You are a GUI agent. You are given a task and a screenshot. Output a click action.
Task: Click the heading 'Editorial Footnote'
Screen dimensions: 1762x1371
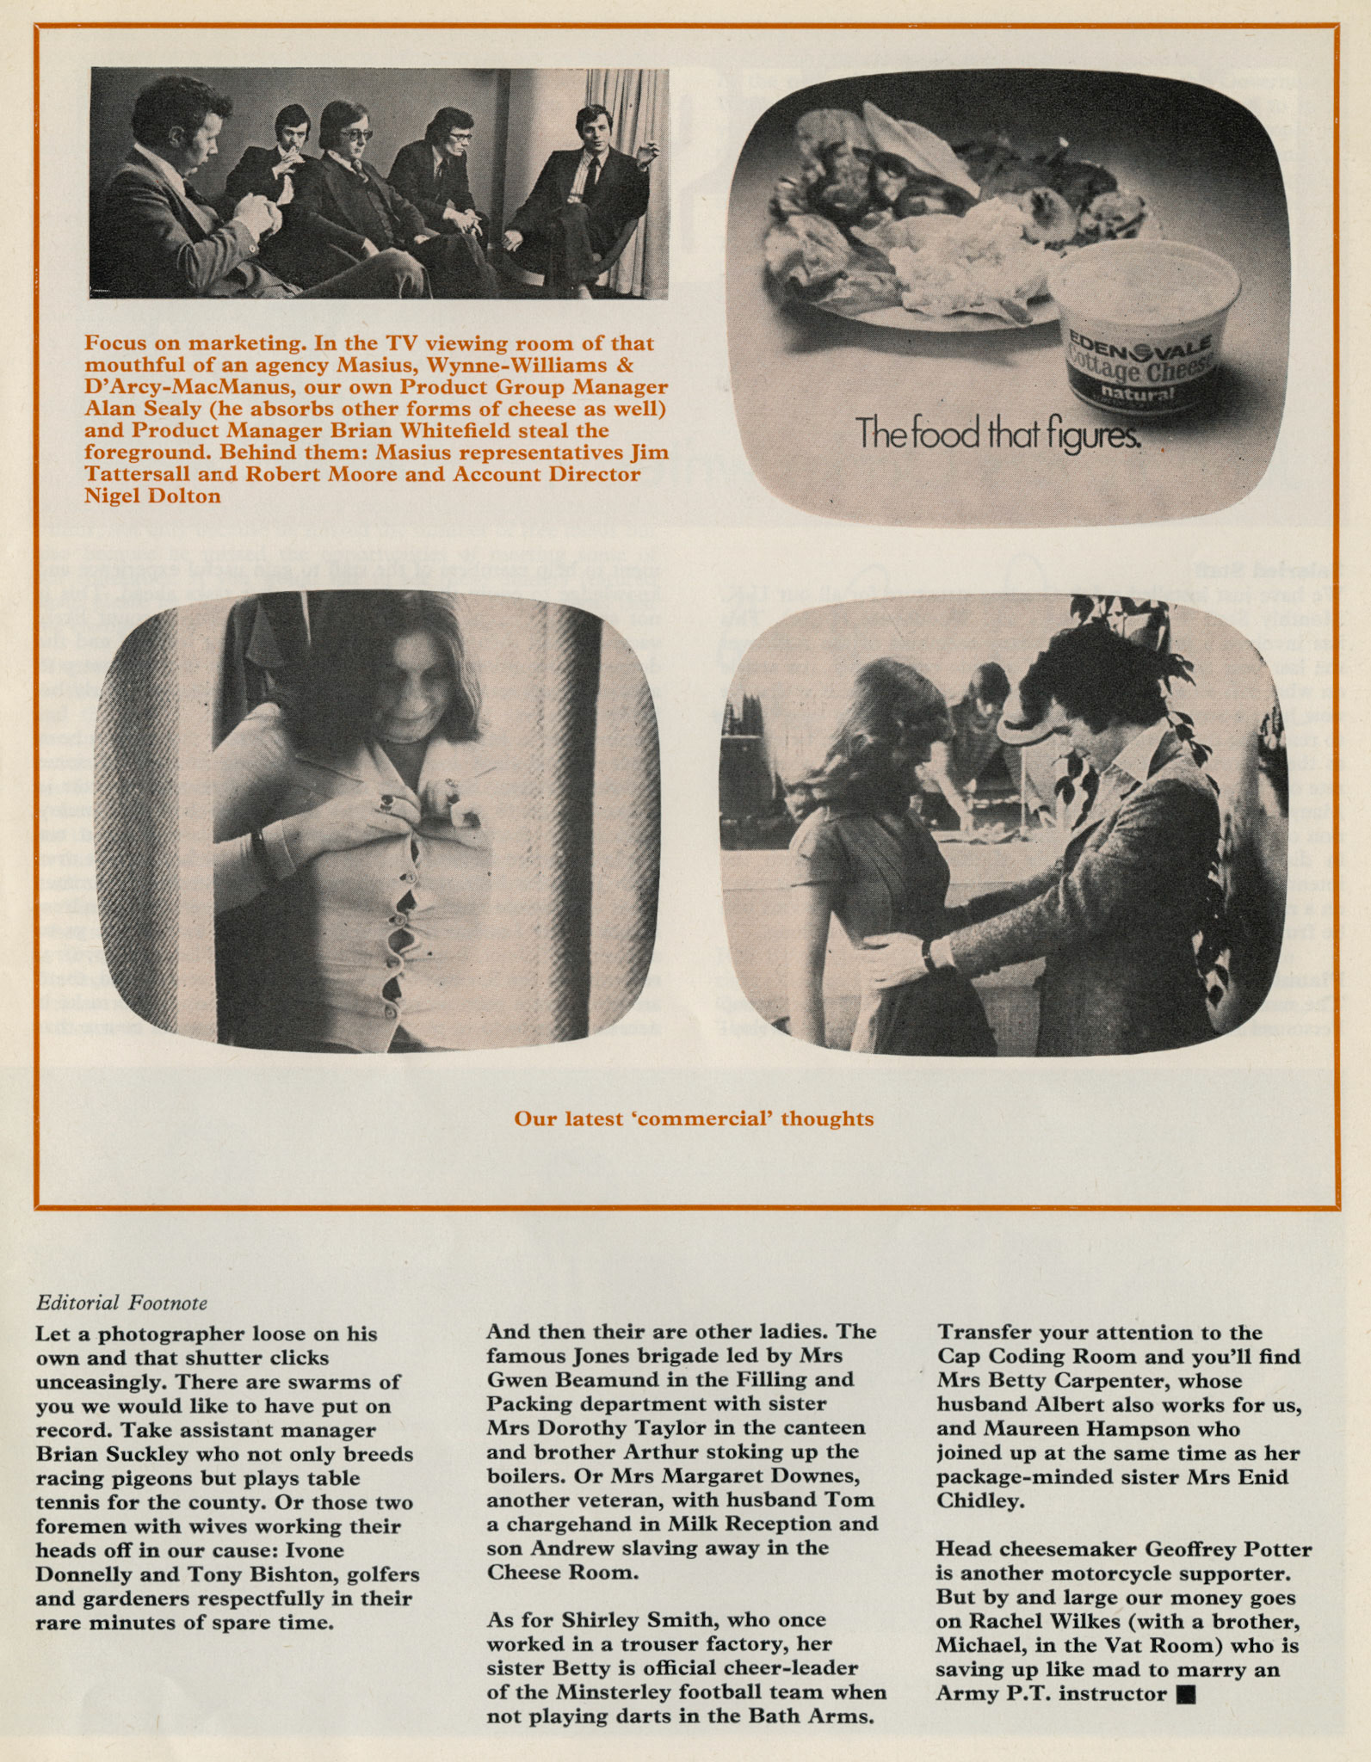click(x=121, y=1303)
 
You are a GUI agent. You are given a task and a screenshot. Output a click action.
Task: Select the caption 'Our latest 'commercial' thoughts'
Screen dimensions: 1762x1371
click(x=694, y=1118)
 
